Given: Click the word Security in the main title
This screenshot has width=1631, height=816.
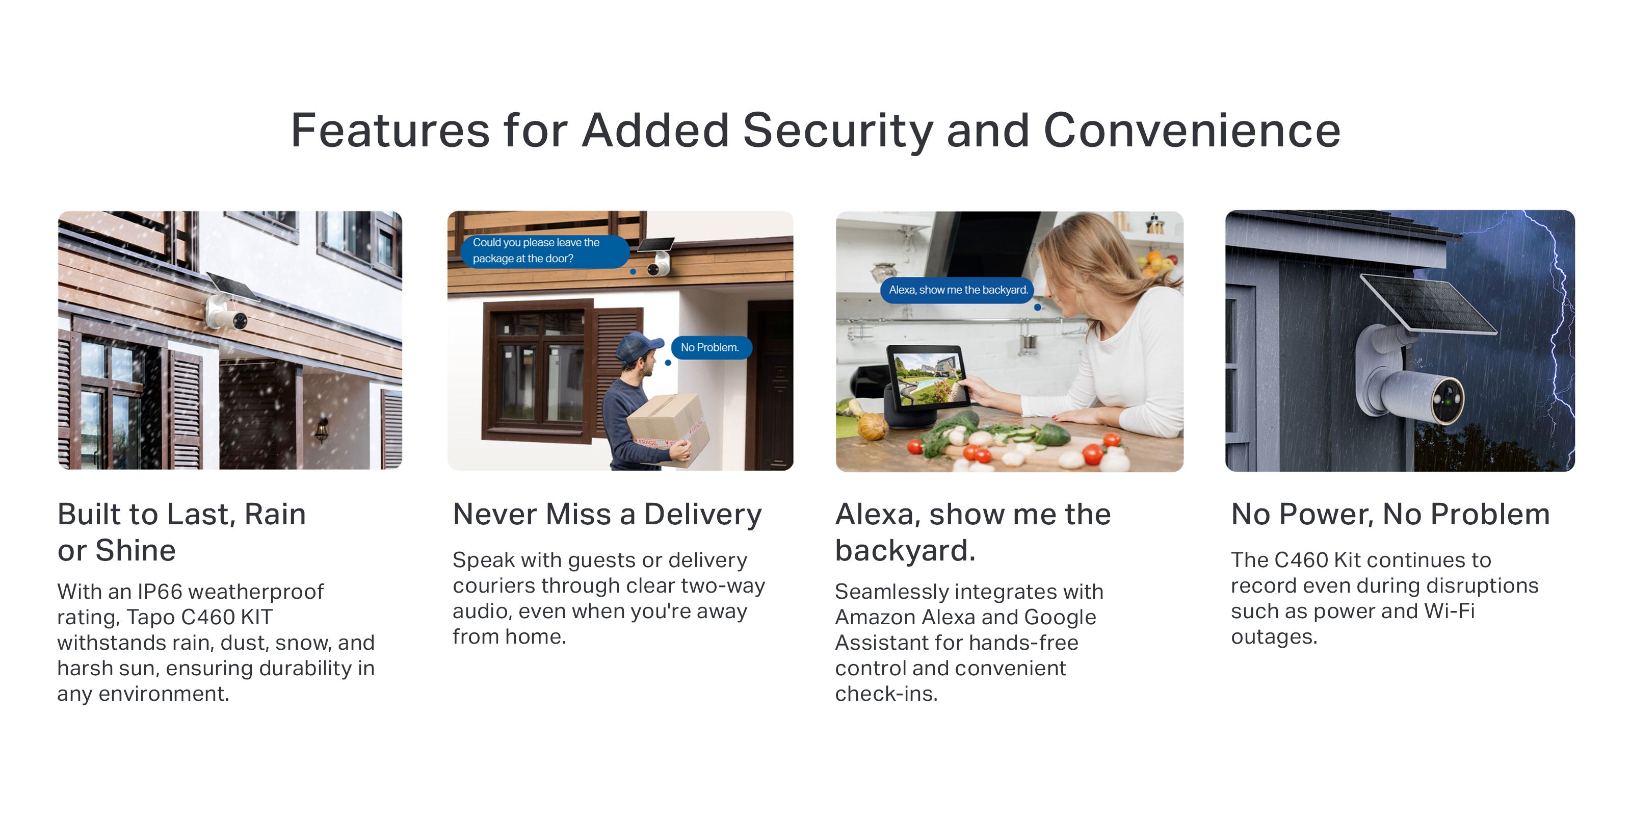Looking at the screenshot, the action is coord(837,131).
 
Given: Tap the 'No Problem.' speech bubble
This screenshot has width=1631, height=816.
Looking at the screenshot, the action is coord(711,347).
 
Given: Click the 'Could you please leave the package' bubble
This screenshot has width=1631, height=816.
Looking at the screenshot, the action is coord(544,251).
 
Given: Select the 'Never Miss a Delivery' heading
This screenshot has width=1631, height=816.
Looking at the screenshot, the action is coord(607,515).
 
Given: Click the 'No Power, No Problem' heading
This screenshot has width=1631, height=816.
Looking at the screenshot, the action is coord(1390,515).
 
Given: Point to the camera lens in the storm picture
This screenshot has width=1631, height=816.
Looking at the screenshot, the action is coord(1448,400).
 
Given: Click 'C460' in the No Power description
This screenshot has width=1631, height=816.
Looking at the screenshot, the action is coord(1301,560).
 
